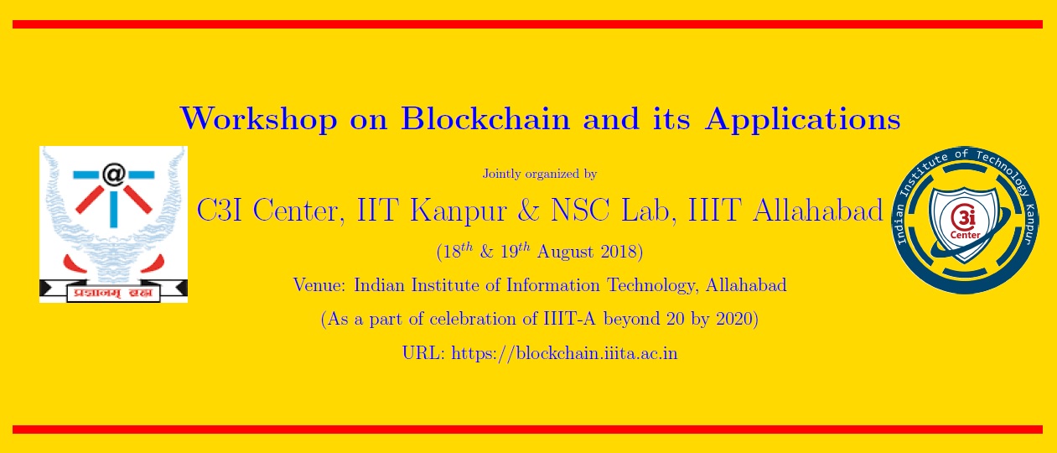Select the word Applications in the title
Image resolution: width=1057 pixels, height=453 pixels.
coord(802,119)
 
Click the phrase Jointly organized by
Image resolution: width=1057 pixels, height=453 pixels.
coord(539,174)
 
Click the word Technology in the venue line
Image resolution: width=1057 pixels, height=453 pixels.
coord(649,285)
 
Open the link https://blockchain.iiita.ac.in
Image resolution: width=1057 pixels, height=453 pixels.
coord(564,353)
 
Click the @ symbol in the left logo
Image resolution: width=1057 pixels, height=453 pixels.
coord(113,174)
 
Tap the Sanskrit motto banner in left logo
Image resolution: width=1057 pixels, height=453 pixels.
coord(113,291)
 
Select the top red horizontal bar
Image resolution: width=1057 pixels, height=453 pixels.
coord(528,24)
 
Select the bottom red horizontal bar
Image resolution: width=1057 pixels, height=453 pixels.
coord(528,430)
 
